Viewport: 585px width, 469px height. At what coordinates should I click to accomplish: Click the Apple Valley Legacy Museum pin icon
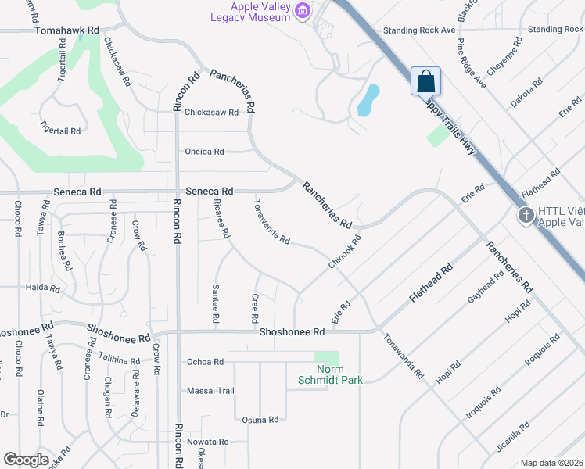pyautogui.click(x=304, y=10)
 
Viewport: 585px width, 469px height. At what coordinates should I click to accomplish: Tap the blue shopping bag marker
pyautogui.click(x=425, y=81)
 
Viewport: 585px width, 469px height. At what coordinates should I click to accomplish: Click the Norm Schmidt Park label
pyautogui.click(x=329, y=374)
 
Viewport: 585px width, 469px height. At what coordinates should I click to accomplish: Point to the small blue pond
pyautogui.click(x=368, y=99)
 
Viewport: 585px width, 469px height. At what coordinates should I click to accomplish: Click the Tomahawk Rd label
pyautogui.click(x=68, y=30)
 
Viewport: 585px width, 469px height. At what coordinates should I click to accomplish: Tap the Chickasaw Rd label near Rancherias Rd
pyautogui.click(x=211, y=113)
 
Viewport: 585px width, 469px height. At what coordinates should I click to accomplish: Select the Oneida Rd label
pyautogui.click(x=204, y=152)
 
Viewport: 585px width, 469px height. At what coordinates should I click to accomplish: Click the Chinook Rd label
pyautogui.click(x=343, y=254)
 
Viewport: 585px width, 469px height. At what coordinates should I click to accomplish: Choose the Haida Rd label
pyautogui.click(x=43, y=288)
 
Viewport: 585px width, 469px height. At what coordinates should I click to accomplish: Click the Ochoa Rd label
pyautogui.click(x=205, y=362)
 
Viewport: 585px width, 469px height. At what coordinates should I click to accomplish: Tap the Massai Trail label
pyautogui.click(x=210, y=391)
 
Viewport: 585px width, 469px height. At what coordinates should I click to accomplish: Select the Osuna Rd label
pyautogui.click(x=260, y=420)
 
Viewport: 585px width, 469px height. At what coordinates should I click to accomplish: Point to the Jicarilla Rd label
pyautogui.click(x=512, y=438)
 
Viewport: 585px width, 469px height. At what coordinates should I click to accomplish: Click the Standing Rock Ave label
pyautogui.click(x=418, y=30)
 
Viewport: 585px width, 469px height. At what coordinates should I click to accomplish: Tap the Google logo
pyautogui.click(x=26, y=460)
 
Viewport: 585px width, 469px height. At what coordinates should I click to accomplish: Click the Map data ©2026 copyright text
pyautogui.click(x=551, y=463)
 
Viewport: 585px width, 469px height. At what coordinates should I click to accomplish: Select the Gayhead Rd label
pyautogui.click(x=485, y=292)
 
